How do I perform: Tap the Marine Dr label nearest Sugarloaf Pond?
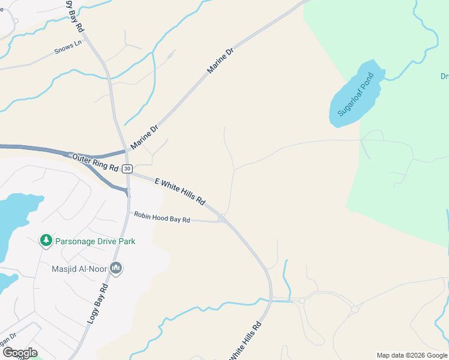(x=220, y=62)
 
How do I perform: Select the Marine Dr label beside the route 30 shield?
(x=144, y=137)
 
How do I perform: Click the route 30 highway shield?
(x=127, y=169)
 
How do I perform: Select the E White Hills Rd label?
(x=180, y=190)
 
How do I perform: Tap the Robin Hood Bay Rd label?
(x=161, y=217)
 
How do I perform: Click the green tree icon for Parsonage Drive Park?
(x=46, y=241)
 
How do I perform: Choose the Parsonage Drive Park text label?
(x=95, y=241)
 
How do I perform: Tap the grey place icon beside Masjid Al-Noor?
(x=116, y=268)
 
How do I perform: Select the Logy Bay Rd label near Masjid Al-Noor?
(x=97, y=304)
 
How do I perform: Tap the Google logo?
(x=20, y=353)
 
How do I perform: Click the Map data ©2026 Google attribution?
(x=412, y=355)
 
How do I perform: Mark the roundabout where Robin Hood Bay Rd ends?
(x=222, y=219)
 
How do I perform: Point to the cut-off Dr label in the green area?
(x=444, y=76)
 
